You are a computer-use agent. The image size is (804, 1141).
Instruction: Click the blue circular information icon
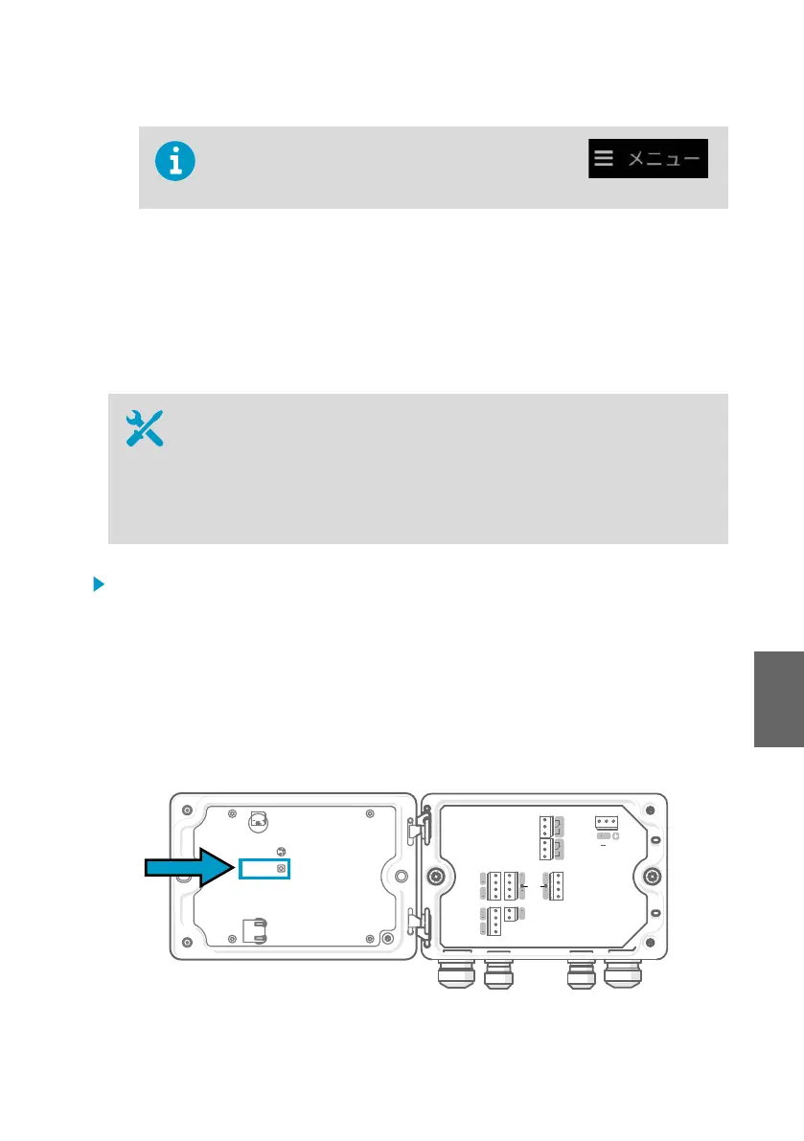pyautogui.click(x=175, y=161)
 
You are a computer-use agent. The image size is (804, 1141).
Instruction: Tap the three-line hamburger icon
pyautogui.click(x=603, y=158)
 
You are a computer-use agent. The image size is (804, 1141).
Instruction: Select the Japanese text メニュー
pyautogui.click(x=663, y=159)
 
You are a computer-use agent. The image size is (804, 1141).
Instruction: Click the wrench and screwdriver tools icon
pyautogui.click(x=146, y=428)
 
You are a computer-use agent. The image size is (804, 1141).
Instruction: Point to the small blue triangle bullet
pyautogui.click(x=97, y=583)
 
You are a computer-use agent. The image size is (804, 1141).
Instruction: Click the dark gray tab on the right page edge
pyautogui.click(x=777, y=687)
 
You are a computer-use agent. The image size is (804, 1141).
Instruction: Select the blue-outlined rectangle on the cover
pyautogui.click(x=264, y=868)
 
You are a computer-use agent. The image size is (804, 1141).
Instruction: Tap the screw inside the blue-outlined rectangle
pyautogui.click(x=280, y=868)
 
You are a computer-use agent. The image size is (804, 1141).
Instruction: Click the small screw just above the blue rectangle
pyautogui.click(x=280, y=851)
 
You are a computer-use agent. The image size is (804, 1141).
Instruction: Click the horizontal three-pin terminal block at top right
pyautogui.click(x=605, y=821)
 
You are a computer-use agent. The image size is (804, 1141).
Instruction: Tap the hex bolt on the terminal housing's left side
pyautogui.click(x=435, y=876)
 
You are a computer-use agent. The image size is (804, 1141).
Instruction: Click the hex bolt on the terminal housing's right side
pyautogui.click(x=653, y=876)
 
